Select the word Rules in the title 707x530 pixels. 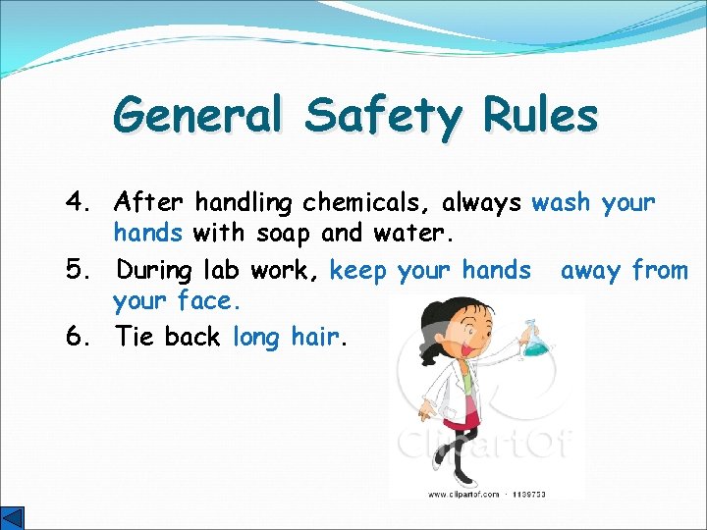point(540,116)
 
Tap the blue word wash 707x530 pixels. point(561,203)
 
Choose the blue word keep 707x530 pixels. point(359,270)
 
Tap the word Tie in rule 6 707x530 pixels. point(135,337)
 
